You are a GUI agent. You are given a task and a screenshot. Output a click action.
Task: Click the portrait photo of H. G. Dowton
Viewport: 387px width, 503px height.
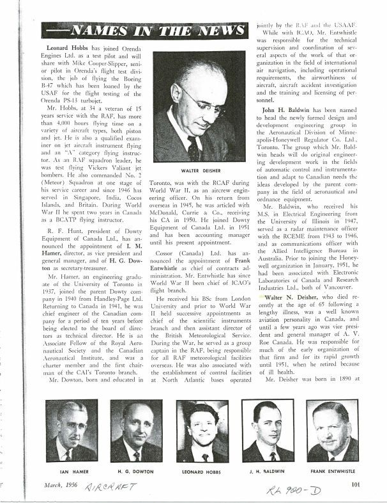pyautogui.click(x=136, y=431)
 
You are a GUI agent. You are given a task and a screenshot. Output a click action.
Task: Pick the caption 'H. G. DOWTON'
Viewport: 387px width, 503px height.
pyautogui.click(x=136, y=470)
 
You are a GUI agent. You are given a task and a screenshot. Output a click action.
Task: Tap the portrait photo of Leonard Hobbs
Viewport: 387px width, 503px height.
pyautogui.click(x=202, y=431)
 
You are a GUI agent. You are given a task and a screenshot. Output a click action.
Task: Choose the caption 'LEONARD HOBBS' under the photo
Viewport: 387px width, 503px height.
pyautogui.click(x=202, y=470)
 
